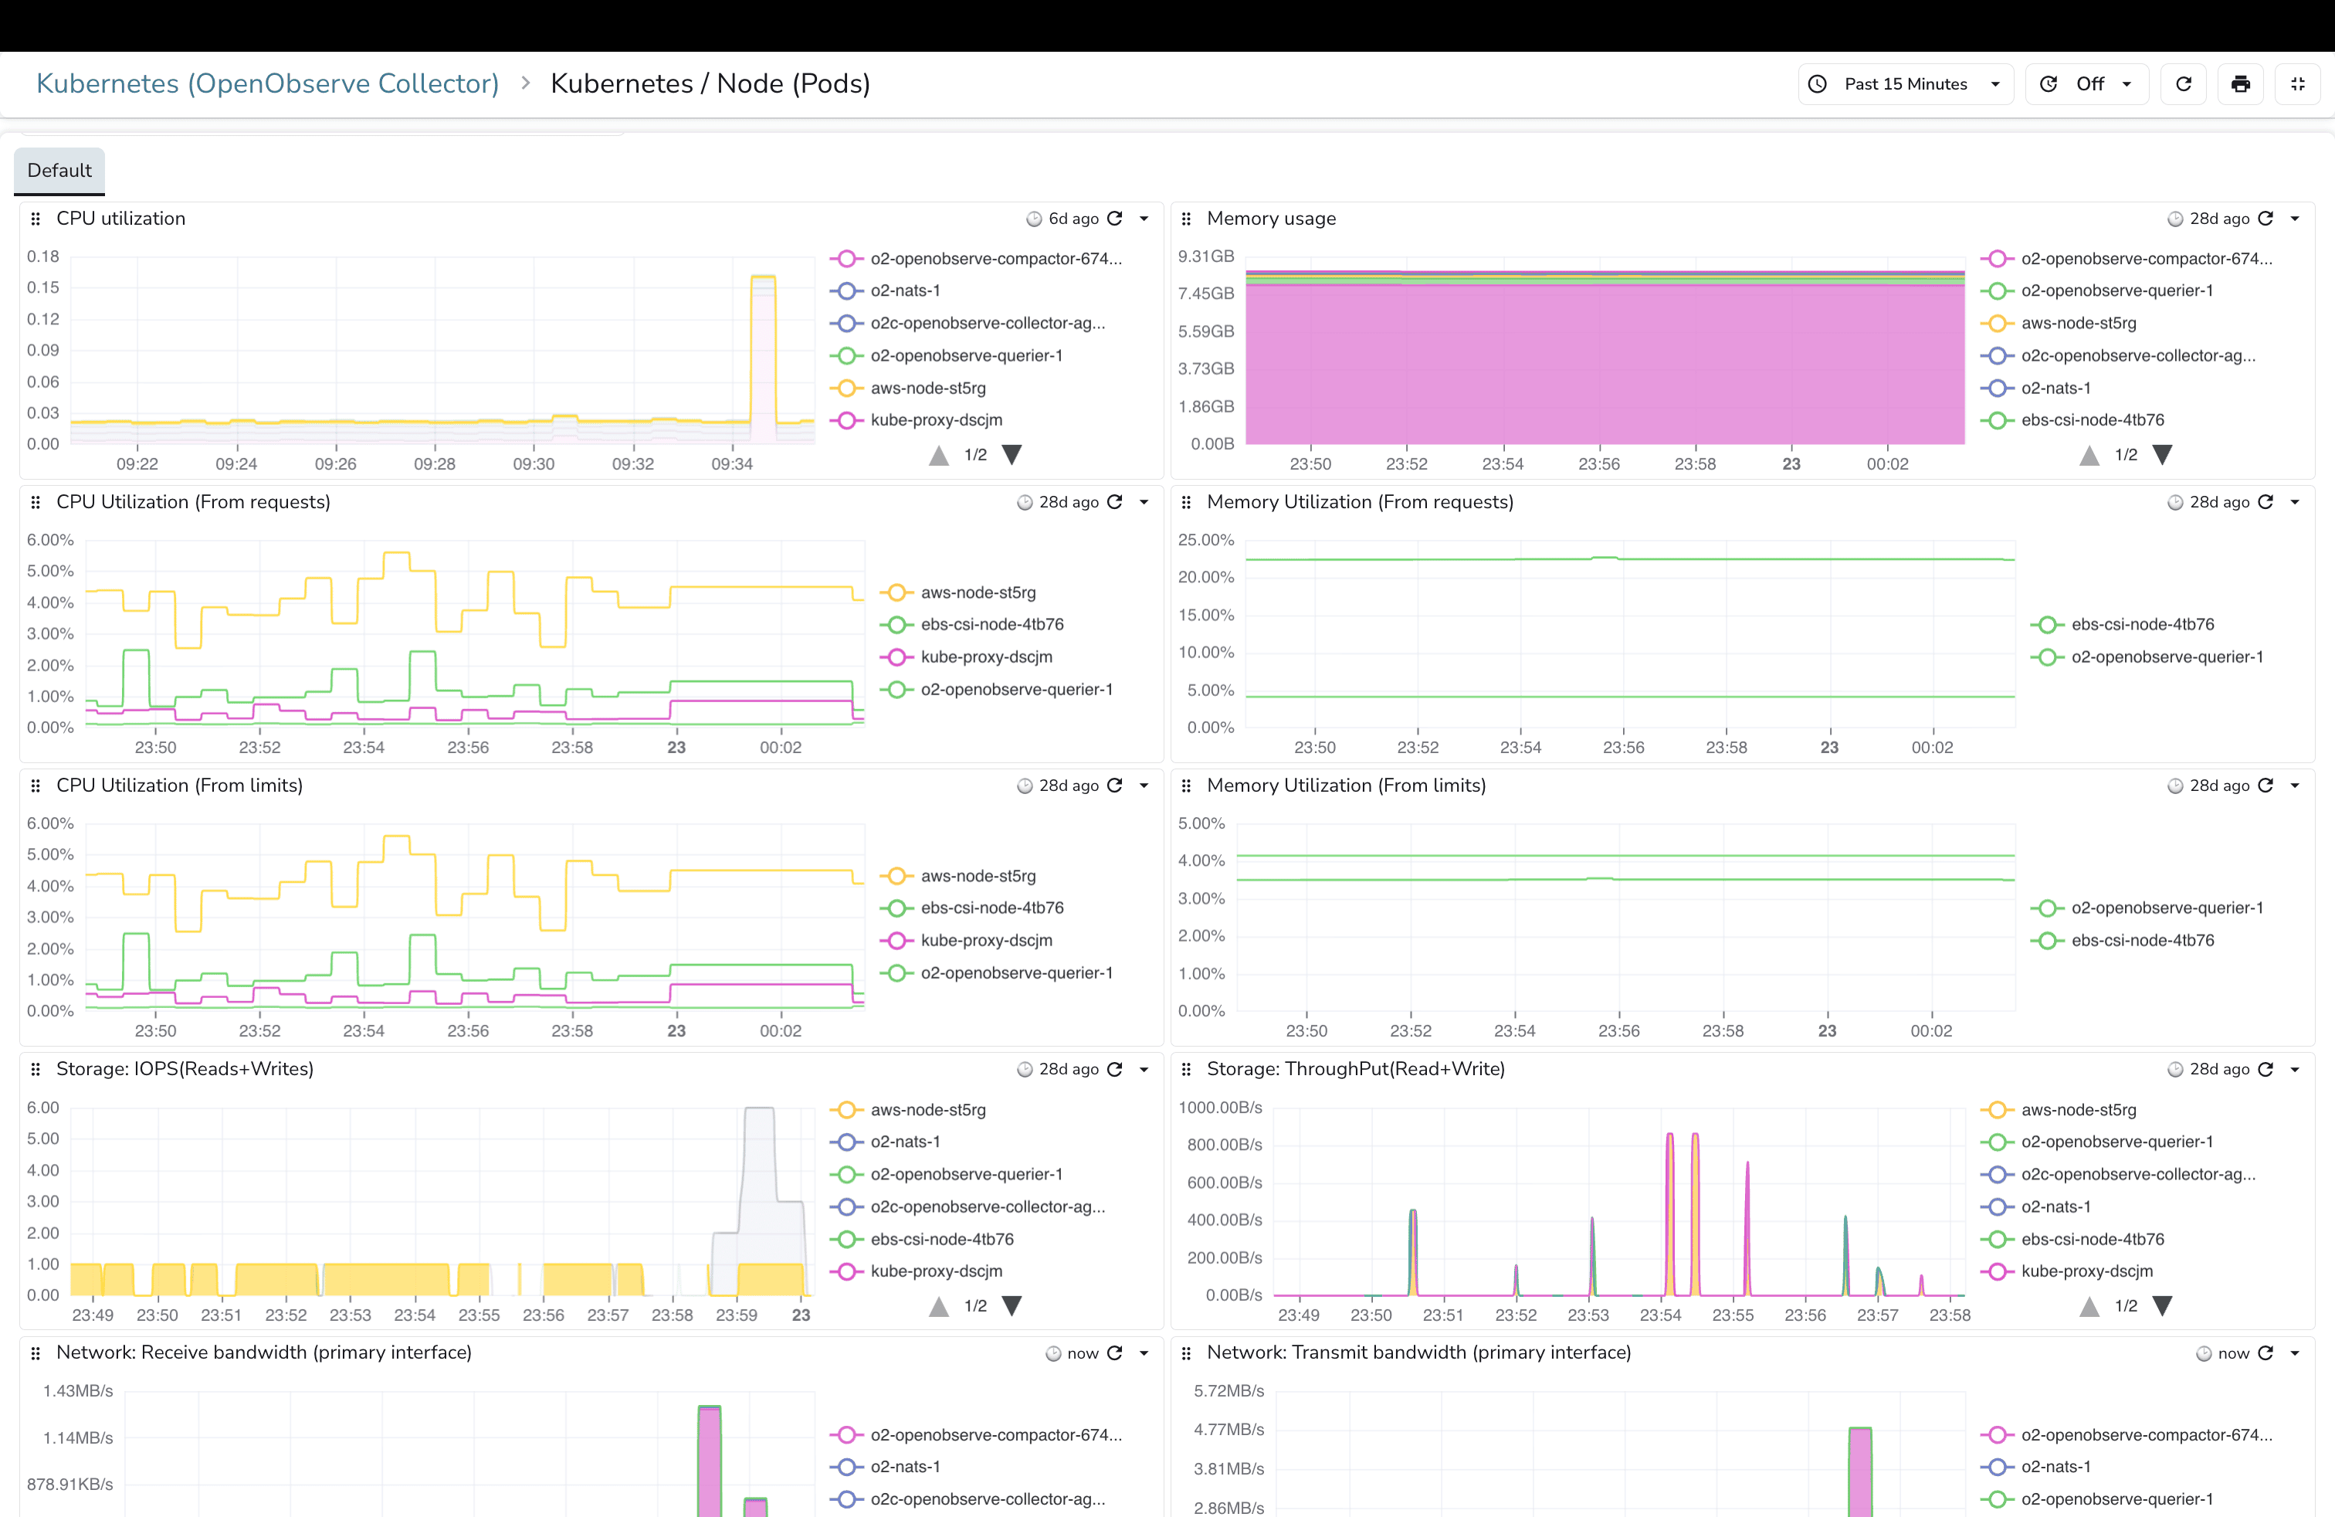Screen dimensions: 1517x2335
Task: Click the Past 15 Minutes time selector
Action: tap(1904, 84)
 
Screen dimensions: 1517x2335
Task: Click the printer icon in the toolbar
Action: tap(2240, 84)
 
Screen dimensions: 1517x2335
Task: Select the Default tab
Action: tap(59, 171)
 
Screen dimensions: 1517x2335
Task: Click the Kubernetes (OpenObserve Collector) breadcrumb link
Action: tap(267, 84)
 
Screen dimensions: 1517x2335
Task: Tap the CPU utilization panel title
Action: tap(120, 219)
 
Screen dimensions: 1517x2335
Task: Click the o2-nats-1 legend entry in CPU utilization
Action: tap(904, 291)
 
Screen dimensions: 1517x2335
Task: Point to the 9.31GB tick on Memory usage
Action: tap(1206, 257)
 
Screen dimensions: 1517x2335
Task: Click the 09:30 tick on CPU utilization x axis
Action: tap(534, 464)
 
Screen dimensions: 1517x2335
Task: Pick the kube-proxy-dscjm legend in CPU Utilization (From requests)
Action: tap(986, 657)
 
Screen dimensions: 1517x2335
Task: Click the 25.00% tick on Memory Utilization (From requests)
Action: tap(1206, 541)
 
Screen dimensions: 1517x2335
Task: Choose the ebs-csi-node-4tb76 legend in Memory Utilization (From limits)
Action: tap(2142, 941)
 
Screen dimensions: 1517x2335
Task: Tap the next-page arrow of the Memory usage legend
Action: tap(2161, 455)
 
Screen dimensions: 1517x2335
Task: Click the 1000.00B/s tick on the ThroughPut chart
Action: tap(1219, 1108)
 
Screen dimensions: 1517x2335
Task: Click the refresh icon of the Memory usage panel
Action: tap(2266, 219)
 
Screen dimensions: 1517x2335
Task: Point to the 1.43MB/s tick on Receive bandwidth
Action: tap(79, 1391)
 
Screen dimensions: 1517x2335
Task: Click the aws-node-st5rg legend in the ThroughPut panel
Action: tap(2078, 1111)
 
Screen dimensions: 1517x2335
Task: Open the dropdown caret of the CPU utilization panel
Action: tap(1144, 219)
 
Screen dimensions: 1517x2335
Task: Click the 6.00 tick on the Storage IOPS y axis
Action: tap(43, 1108)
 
